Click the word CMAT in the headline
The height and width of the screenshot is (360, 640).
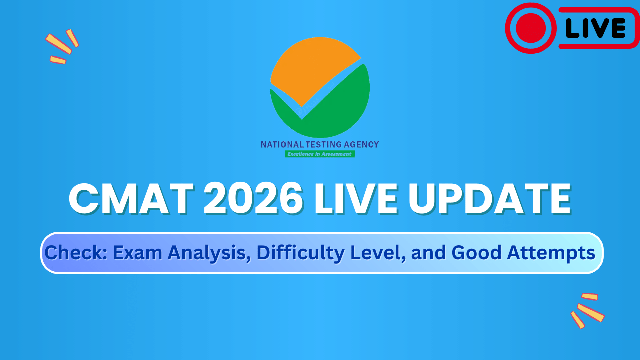131,199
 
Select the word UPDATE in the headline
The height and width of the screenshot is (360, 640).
489,199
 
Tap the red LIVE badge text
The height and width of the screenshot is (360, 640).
596,28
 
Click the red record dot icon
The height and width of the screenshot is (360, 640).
530,28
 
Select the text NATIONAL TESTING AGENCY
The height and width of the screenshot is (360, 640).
320,144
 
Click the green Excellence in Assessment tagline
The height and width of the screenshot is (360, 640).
320,154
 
